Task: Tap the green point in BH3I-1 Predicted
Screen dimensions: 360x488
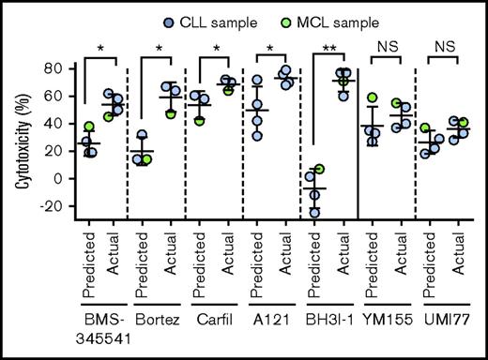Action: [x=319, y=170]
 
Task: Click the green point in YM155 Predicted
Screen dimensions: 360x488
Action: [x=373, y=98]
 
